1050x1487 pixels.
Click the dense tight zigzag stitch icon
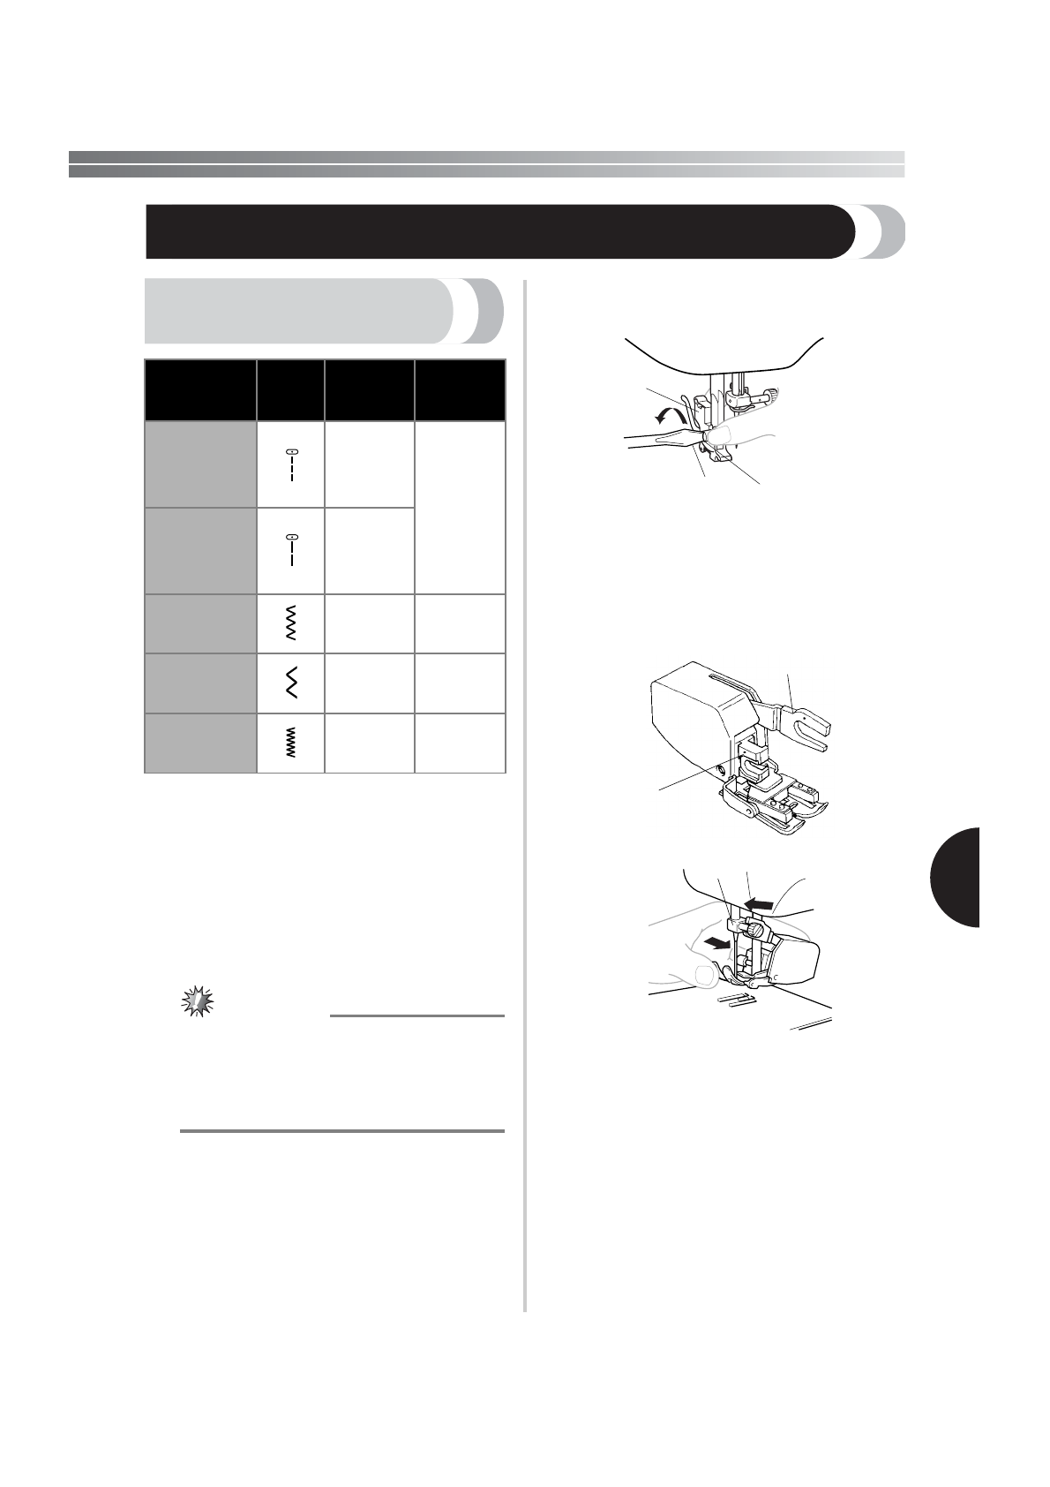point(290,744)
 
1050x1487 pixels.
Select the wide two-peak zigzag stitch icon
point(290,683)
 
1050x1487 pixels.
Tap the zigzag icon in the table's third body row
point(290,623)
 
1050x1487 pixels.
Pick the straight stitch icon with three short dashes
point(290,464)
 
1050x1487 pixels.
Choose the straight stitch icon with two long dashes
point(290,550)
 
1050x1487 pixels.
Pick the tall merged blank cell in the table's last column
point(459,508)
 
